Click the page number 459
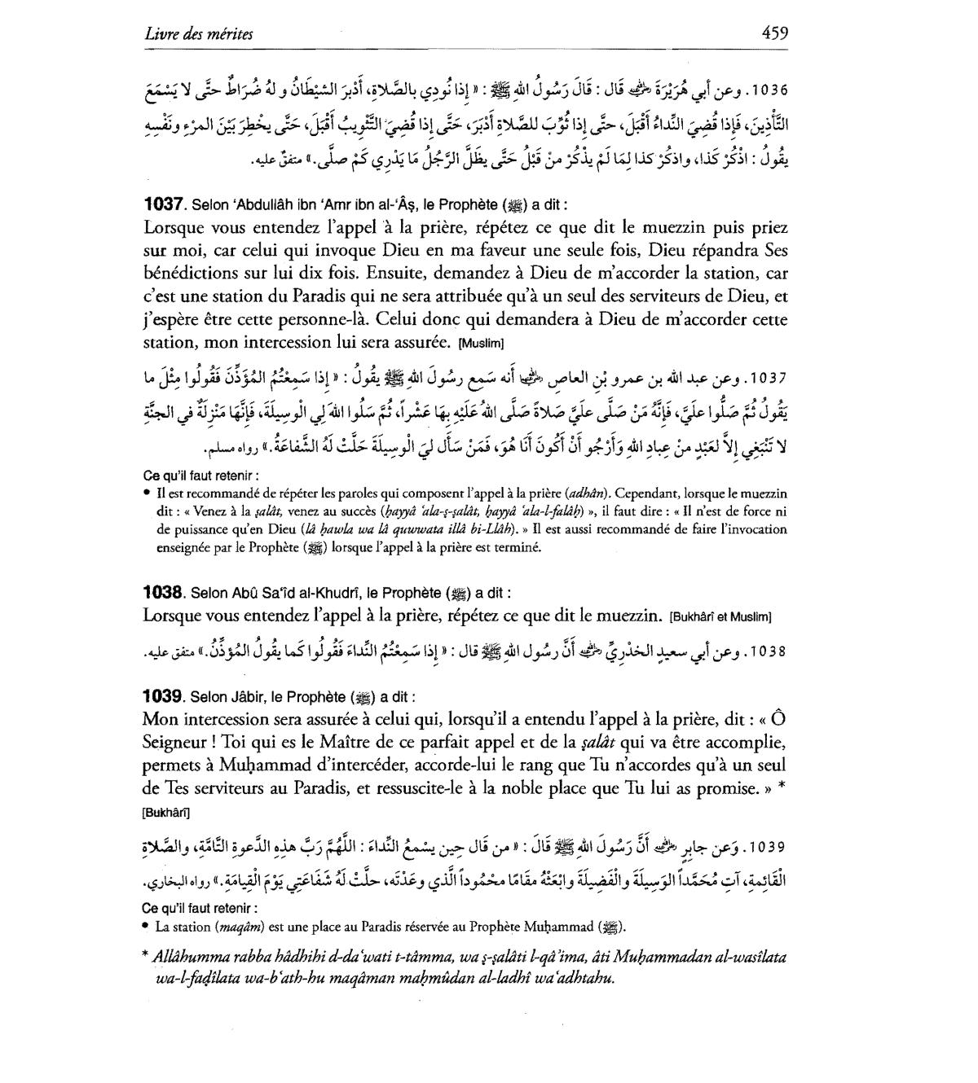774,33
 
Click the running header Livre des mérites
198,33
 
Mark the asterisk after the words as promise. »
781,788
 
